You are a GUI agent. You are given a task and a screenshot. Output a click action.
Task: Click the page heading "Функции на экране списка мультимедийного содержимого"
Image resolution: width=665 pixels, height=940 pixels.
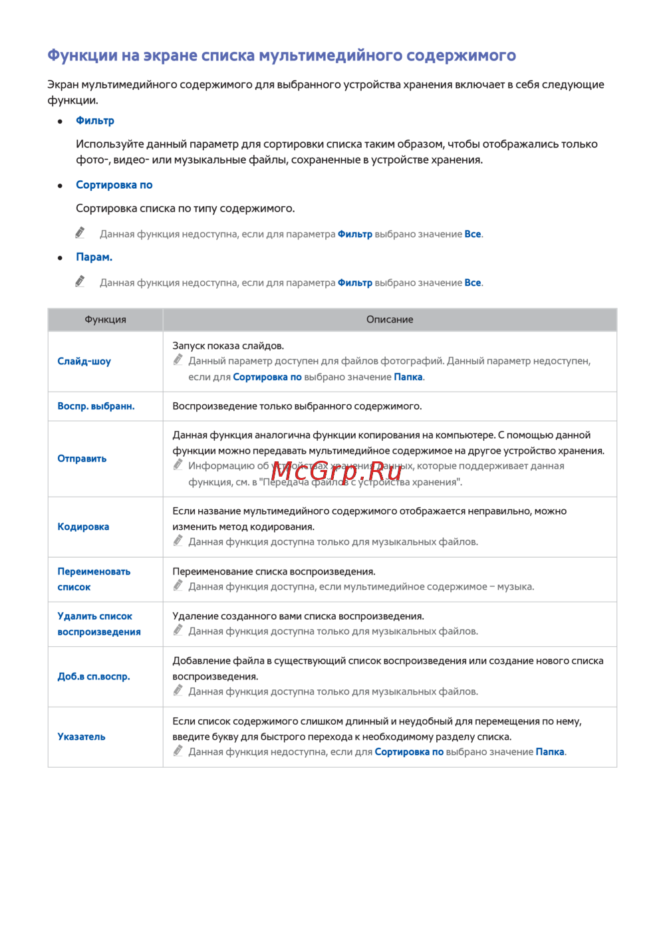coord(281,55)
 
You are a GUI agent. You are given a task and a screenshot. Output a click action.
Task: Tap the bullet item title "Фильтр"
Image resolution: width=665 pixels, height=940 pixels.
coord(95,120)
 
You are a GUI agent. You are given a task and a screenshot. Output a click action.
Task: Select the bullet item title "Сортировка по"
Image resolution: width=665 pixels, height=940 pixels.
coord(114,185)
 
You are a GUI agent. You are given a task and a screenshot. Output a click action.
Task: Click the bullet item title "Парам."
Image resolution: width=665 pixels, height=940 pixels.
coord(94,257)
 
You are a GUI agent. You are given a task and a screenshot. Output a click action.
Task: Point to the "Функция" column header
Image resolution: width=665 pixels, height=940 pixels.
coord(105,320)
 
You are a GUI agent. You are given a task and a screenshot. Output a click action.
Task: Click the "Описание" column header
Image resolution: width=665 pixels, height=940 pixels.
coord(390,320)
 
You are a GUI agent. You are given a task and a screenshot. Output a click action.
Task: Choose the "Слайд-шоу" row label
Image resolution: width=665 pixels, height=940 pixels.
coord(84,362)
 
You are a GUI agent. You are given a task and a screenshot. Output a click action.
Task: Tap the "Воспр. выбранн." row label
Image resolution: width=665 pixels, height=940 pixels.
coord(96,406)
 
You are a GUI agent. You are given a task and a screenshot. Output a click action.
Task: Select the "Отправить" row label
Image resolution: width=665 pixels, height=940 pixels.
coord(82,459)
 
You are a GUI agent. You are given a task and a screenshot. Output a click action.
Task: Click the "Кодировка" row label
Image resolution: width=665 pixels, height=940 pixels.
coord(83,527)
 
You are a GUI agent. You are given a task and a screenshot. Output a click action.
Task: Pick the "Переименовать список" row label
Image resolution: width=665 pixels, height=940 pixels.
coord(94,579)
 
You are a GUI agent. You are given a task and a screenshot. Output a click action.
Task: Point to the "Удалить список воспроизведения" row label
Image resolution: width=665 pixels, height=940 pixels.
coord(99,624)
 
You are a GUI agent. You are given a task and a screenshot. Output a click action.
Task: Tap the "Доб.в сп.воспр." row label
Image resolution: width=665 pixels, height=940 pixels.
coord(94,676)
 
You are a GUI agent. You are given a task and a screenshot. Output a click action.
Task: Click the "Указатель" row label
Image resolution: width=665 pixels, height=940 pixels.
coord(81,737)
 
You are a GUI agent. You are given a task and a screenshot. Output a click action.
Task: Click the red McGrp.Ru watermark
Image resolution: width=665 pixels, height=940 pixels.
coord(336,471)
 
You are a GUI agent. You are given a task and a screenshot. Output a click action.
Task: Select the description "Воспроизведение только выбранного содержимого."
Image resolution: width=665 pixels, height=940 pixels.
coord(297,406)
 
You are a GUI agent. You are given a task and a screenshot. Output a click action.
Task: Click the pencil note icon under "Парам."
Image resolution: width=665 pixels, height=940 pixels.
coord(80,281)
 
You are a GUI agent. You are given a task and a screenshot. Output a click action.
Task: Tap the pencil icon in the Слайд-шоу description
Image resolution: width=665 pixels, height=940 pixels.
coord(178,360)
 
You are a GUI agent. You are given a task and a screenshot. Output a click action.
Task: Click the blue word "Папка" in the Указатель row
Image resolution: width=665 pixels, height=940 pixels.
coord(550,752)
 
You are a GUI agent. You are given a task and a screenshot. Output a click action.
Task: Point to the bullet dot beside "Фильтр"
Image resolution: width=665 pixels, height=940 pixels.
coord(60,121)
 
